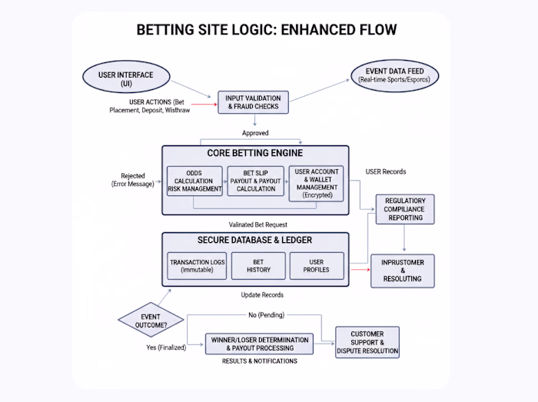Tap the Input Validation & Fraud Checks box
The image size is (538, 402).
tap(253, 102)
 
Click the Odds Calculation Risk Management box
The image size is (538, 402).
tap(194, 184)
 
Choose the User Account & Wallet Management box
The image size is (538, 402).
tap(317, 184)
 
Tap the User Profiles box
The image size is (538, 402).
tap(317, 266)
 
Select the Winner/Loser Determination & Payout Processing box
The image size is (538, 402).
tap(259, 343)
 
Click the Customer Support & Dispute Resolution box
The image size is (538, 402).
tap(367, 343)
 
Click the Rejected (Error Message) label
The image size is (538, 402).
tap(132, 180)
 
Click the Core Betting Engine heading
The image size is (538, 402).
tap(254, 153)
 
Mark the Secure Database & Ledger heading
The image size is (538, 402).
tap(254, 239)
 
